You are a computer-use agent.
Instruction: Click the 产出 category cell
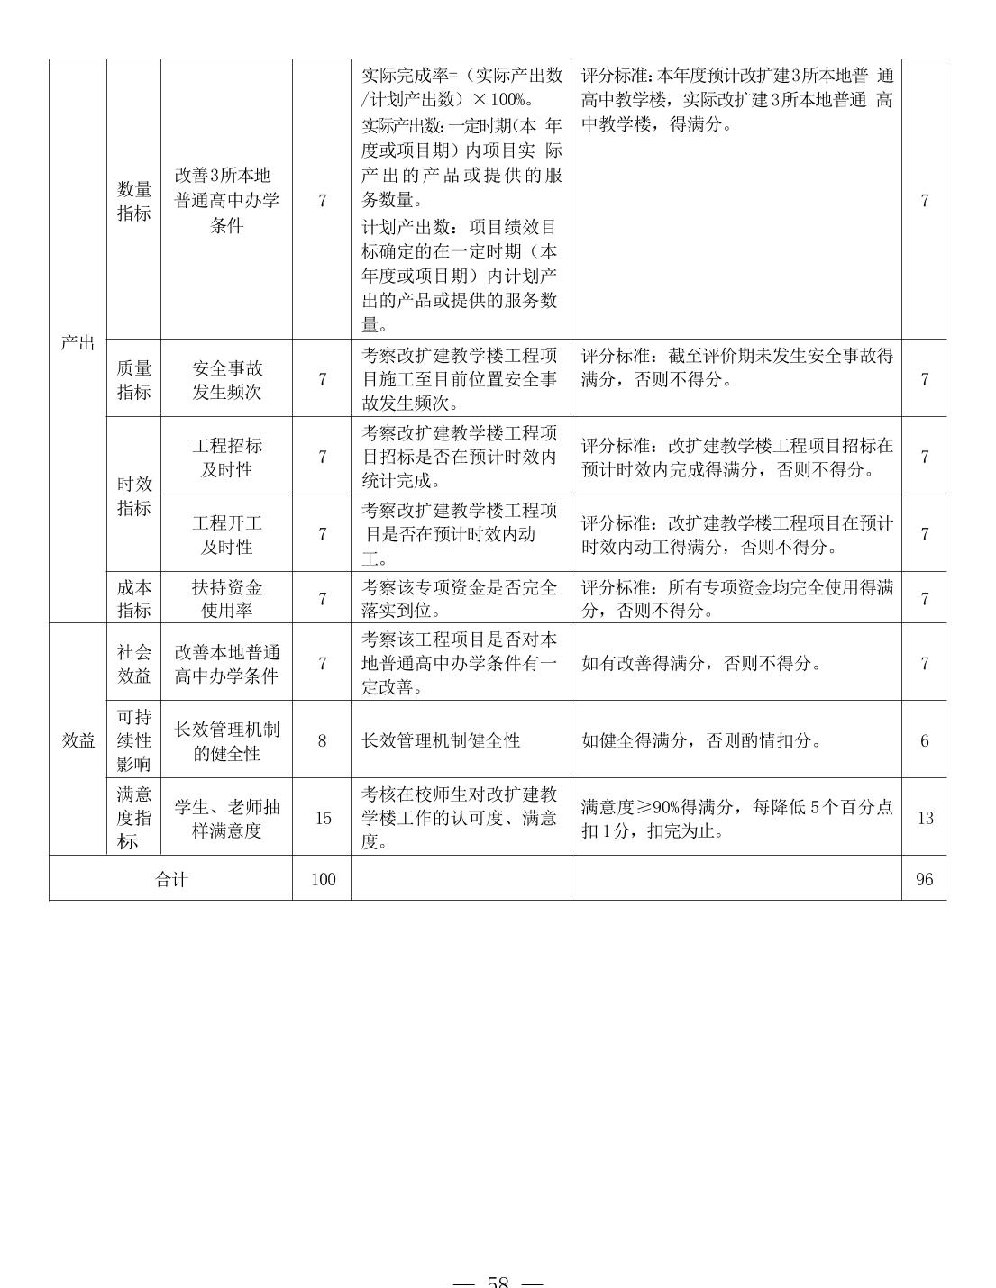tap(78, 342)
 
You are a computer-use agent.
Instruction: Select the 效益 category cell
tap(78, 740)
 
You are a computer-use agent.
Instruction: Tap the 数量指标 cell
tap(134, 201)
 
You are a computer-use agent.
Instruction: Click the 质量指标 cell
tap(134, 379)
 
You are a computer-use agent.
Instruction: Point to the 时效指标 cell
tap(134, 495)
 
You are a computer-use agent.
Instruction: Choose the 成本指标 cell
tap(134, 598)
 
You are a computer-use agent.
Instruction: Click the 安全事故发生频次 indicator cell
tap(227, 379)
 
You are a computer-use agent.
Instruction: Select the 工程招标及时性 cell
tap(227, 457)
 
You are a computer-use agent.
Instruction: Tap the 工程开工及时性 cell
tap(227, 534)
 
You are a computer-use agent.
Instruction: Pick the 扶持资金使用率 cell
tap(227, 598)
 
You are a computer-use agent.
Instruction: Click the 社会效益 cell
tap(134, 663)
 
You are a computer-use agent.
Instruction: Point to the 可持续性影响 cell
tap(134, 740)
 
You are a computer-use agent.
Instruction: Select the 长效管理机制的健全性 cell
tap(227, 740)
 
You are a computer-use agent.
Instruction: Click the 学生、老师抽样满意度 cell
tap(227, 818)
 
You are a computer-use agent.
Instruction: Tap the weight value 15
tap(323, 818)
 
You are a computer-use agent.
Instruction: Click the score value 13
tap(925, 818)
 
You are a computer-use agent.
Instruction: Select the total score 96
tap(924, 879)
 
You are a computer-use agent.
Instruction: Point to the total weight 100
tap(323, 879)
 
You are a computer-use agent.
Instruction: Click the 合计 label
tap(171, 879)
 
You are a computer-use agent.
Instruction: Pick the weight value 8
tap(323, 740)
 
